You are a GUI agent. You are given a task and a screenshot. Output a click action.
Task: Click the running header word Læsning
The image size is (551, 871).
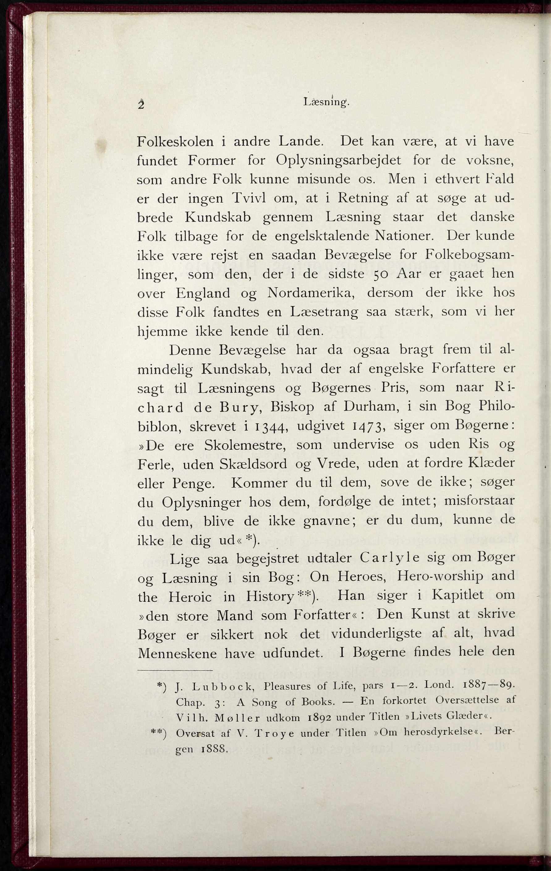tap(326, 102)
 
